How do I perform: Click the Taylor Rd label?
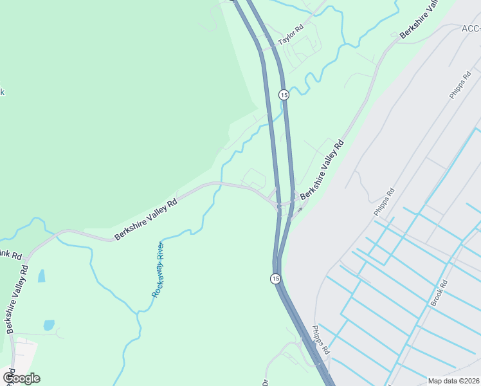290,36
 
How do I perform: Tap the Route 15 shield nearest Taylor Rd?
284,95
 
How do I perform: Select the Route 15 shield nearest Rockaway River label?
275,279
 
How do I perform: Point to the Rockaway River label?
158,269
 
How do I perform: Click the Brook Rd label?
439,293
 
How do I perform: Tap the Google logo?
21,378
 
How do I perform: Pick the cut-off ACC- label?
471,28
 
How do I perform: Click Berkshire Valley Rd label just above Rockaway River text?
145,220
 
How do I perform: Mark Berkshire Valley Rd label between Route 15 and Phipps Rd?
322,169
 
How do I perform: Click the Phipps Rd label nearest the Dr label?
320,340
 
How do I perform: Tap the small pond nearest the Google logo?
49,325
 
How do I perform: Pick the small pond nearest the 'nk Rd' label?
41,276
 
